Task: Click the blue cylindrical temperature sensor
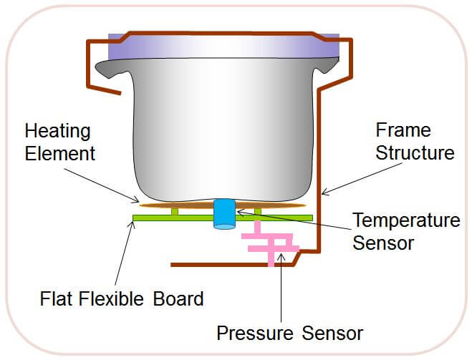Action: [x=225, y=214]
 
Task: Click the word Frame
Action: [x=403, y=131]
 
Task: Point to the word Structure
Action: [x=415, y=152]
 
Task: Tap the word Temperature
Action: [x=406, y=220]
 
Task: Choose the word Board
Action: [x=178, y=298]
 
